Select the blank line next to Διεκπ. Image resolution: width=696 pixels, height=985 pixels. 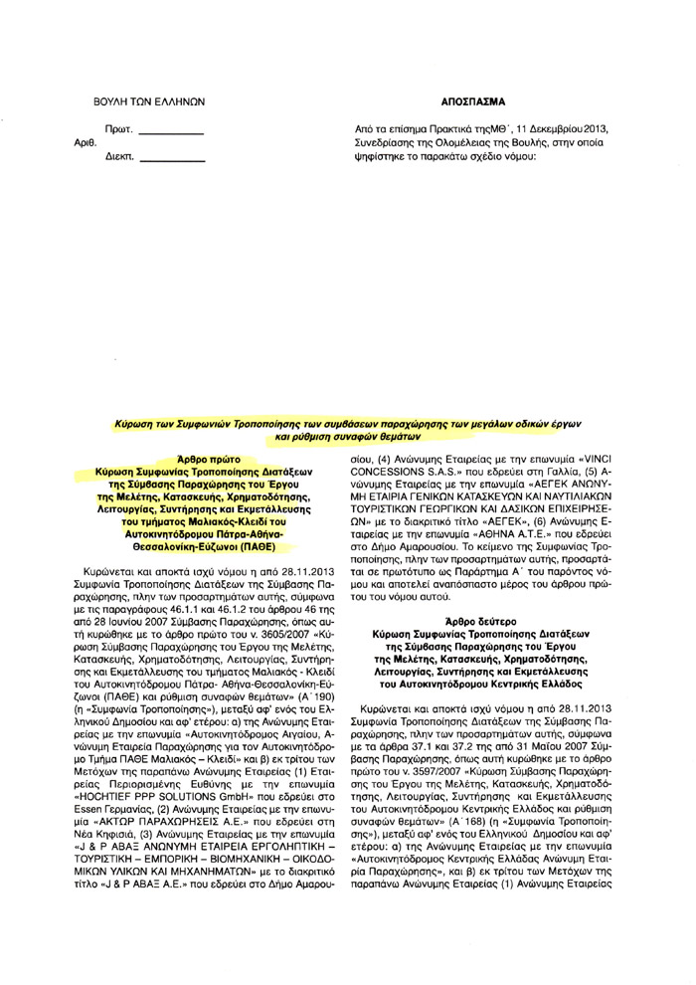click(170, 157)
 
